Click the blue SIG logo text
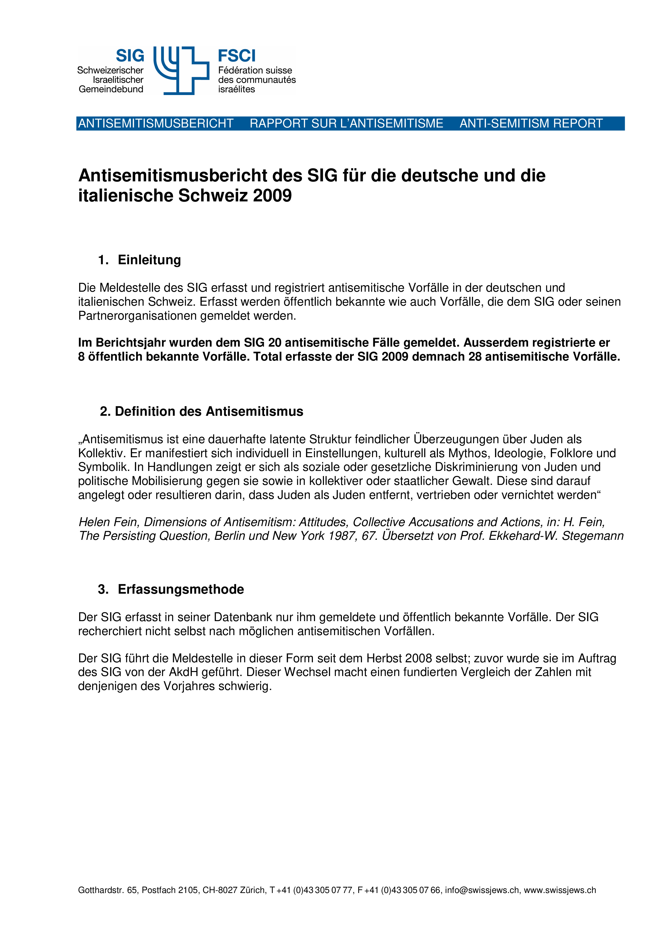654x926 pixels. tap(130, 56)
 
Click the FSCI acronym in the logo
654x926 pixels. tap(237, 56)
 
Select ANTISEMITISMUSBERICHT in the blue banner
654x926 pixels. tap(156, 124)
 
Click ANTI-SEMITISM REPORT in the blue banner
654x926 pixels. tap(531, 124)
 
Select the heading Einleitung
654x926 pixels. tap(149, 260)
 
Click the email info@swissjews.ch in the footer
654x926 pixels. tap(482, 890)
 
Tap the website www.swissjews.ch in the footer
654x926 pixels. tap(560, 890)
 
